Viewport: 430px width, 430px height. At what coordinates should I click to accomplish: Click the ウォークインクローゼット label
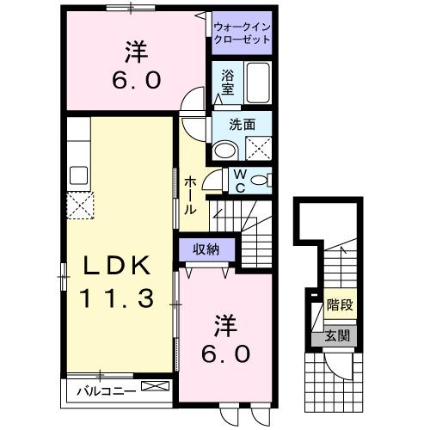point(242,33)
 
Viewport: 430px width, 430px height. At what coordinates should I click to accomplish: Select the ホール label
point(191,194)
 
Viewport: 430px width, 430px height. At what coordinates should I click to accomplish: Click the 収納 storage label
point(205,249)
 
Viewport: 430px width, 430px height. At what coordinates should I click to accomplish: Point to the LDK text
point(119,264)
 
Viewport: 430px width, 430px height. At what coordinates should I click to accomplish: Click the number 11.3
point(119,298)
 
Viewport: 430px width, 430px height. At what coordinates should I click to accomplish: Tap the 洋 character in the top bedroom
point(134,53)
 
